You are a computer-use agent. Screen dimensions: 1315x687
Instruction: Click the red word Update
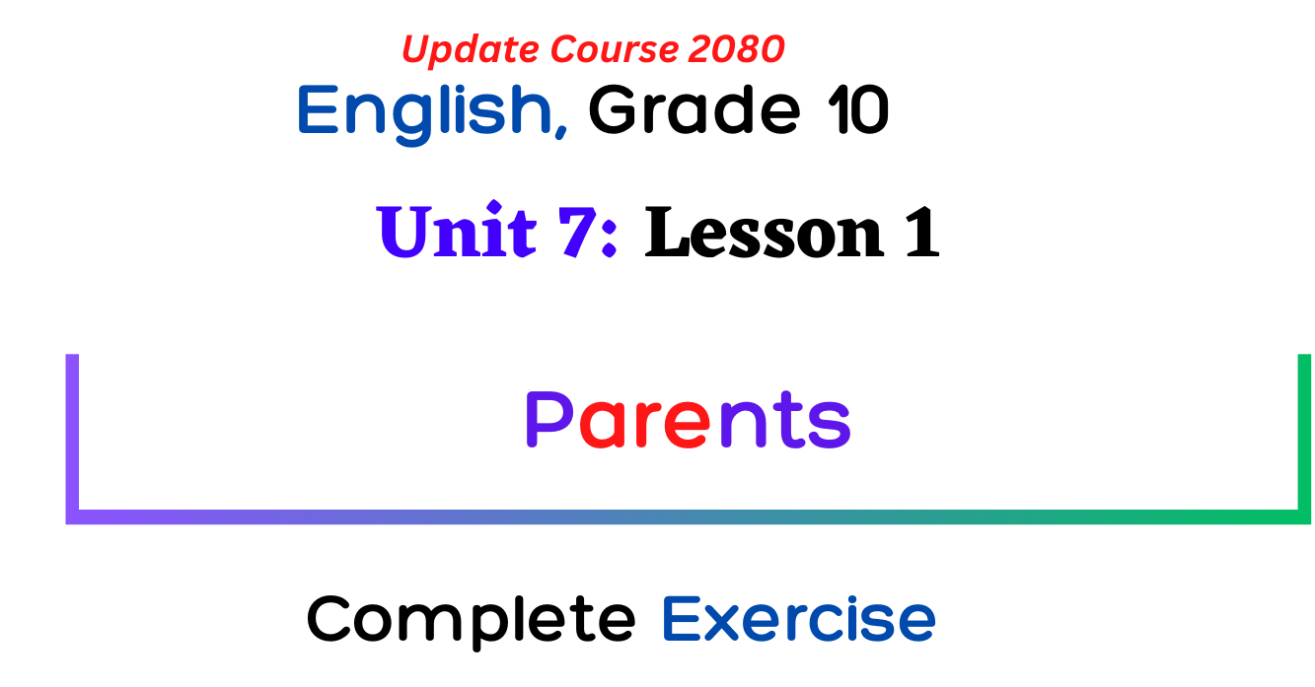471,50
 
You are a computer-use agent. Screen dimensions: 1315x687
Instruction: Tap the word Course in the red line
616,48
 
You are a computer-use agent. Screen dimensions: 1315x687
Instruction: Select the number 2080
737,48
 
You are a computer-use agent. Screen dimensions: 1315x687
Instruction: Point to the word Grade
694,109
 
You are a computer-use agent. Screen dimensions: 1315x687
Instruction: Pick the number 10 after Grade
857,109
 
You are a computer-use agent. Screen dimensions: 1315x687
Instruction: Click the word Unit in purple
456,230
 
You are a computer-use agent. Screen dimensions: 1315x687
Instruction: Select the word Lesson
764,232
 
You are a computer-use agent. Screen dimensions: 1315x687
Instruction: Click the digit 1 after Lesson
921,232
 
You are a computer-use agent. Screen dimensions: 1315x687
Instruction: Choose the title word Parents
688,420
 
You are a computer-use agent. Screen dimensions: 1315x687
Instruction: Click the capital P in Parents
548,420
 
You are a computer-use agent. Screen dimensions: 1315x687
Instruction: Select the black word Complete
471,621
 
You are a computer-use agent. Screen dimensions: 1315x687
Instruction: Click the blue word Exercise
798,618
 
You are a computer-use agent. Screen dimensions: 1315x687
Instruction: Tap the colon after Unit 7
610,240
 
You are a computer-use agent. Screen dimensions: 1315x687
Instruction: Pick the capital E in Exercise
681,619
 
